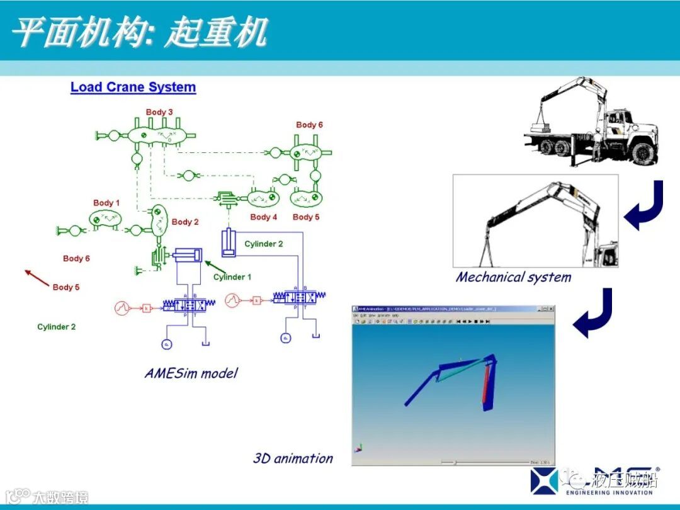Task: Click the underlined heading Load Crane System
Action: pyautogui.click(x=133, y=88)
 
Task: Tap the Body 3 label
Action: pyautogui.click(x=159, y=112)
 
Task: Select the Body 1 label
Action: pyautogui.click(x=106, y=203)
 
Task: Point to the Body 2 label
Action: pyautogui.click(x=185, y=222)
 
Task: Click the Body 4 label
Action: pyautogui.click(x=263, y=217)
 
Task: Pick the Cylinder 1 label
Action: pyautogui.click(x=232, y=277)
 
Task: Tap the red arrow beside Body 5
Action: pyautogui.click(x=37, y=278)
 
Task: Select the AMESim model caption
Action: pyautogui.click(x=191, y=373)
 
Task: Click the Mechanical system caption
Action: pyautogui.click(x=513, y=277)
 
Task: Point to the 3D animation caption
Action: pyautogui.click(x=293, y=458)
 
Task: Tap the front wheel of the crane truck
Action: pyautogui.click(x=642, y=152)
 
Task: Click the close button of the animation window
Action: pyautogui.click(x=550, y=309)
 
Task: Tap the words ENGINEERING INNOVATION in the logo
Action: pyautogui.click(x=609, y=493)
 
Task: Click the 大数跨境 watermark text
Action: pyautogui.click(x=60, y=497)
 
